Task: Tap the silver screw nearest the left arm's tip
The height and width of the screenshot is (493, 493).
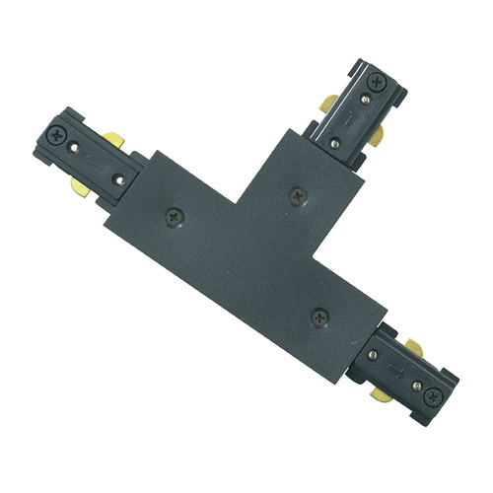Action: [76, 148]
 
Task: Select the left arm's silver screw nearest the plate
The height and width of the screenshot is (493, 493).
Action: [118, 179]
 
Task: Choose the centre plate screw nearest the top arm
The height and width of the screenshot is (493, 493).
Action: [296, 195]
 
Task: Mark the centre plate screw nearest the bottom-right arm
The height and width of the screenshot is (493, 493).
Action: [318, 317]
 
